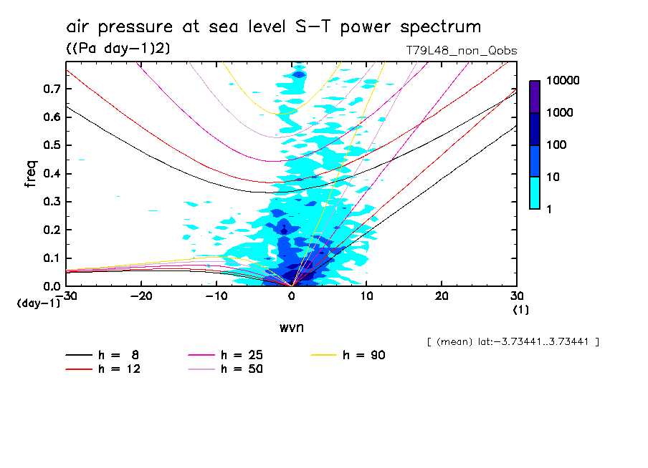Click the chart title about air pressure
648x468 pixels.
click(x=273, y=27)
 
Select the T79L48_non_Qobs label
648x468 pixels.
click(x=461, y=51)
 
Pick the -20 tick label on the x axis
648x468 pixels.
click(x=142, y=296)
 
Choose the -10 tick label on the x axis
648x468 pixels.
click(x=216, y=296)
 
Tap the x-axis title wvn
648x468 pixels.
click(x=292, y=327)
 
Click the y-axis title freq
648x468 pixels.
click(x=31, y=174)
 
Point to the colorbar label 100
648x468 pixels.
click(x=556, y=145)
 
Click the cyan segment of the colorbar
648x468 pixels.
click(x=535, y=192)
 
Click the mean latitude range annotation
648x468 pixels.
click(x=513, y=342)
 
